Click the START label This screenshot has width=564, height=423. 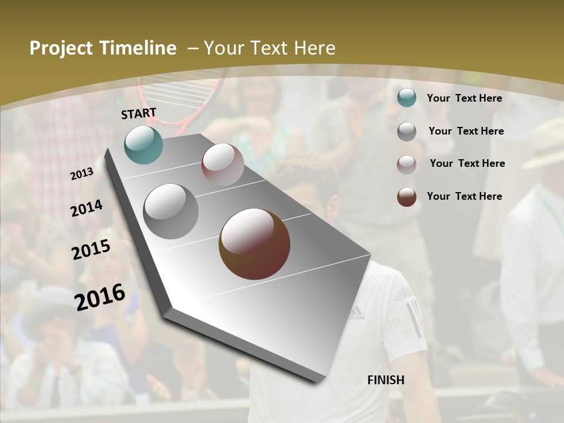point(139,113)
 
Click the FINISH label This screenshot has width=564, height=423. point(385,380)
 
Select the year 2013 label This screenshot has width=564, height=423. point(82,174)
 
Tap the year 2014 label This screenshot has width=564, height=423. point(87,209)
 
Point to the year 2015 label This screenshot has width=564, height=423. point(91,250)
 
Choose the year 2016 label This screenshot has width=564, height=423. point(100,297)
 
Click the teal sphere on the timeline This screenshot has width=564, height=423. point(143,145)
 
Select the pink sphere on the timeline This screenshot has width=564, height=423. point(223,164)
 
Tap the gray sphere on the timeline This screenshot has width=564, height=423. point(171,211)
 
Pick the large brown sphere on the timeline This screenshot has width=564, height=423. point(254,244)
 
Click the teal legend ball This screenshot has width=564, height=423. point(407,98)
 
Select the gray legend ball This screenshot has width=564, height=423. point(407,132)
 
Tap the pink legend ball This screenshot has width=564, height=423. point(407,164)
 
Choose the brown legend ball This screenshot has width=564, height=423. point(407,197)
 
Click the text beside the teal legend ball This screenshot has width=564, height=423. point(464,98)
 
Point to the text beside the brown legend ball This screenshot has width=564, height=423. point(464,196)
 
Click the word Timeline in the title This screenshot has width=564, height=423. point(137,48)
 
